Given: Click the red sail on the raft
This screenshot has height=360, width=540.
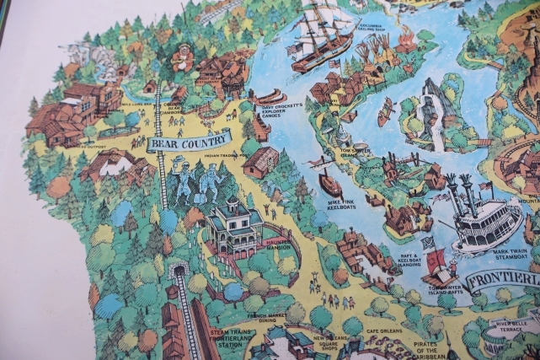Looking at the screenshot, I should click(x=436, y=264).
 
